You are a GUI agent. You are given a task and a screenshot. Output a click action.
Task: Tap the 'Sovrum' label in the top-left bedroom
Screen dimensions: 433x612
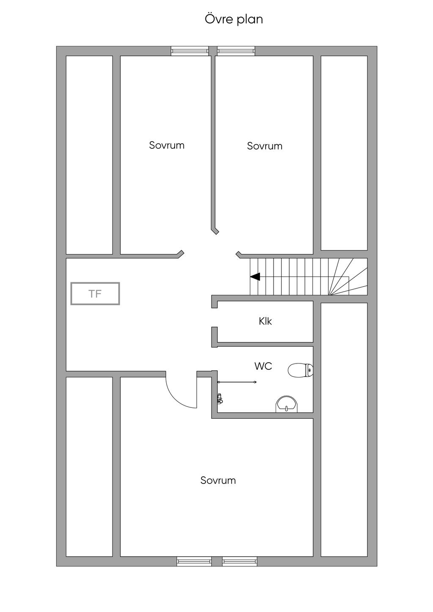(x=167, y=145)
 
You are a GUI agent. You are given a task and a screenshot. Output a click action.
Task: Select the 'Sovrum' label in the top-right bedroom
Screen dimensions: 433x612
(x=265, y=146)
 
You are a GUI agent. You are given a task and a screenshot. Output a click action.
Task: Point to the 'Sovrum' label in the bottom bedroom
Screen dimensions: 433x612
(x=218, y=480)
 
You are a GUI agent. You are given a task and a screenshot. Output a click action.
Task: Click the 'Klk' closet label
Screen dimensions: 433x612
(x=265, y=321)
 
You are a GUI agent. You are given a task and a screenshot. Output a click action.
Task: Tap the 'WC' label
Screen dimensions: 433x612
(x=263, y=366)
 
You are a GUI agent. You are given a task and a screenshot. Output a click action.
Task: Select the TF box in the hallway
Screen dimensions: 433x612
(x=95, y=293)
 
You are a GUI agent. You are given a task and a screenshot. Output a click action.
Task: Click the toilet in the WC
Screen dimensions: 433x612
(x=300, y=371)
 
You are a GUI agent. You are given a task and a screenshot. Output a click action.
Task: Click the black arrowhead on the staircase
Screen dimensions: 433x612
(x=255, y=277)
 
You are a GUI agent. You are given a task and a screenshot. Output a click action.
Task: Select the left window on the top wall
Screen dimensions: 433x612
(x=190, y=51)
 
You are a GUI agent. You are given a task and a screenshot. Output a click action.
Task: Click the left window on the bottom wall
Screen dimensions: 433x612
(x=194, y=561)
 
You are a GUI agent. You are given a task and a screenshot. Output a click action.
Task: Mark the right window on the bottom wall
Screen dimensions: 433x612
(x=240, y=561)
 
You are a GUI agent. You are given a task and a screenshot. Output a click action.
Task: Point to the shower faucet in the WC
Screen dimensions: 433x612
(x=220, y=398)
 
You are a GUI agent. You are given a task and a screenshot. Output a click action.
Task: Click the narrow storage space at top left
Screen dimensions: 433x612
(x=89, y=155)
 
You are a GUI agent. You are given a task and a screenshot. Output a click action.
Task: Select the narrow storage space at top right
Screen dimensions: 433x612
(x=344, y=153)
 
